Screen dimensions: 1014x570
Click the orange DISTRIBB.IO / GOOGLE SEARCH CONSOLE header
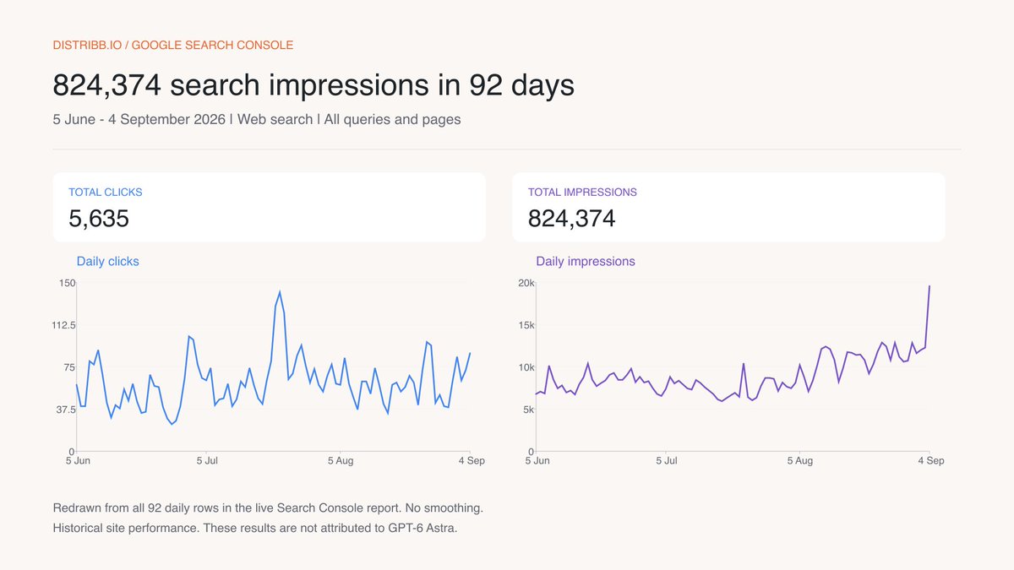[x=173, y=46]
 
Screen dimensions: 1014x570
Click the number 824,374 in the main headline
[x=106, y=85]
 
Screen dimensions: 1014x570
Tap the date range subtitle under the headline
[x=257, y=119]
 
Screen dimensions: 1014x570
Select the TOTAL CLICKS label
[x=106, y=193]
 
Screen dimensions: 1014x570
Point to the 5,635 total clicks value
[x=99, y=219]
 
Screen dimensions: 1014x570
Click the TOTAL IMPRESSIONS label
[x=582, y=193]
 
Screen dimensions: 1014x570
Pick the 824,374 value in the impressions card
[x=571, y=219]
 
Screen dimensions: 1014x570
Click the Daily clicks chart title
[x=108, y=262]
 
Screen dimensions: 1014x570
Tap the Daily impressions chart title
[x=586, y=262]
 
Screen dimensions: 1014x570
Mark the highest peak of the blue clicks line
[x=280, y=292]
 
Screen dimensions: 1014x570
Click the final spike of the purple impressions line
[x=929, y=286]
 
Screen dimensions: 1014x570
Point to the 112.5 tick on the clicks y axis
[x=64, y=325]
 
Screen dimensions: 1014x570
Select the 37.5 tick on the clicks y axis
[x=66, y=410]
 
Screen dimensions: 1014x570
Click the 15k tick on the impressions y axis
[x=526, y=325]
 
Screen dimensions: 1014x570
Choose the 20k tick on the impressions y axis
[x=526, y=283]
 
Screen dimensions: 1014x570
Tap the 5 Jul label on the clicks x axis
[x=207, y=461]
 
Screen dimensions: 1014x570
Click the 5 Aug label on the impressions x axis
[x=800, y=461]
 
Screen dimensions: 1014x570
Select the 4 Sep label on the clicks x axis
[x=472, y=461]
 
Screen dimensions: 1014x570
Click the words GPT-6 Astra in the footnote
[x=422, y=528]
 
